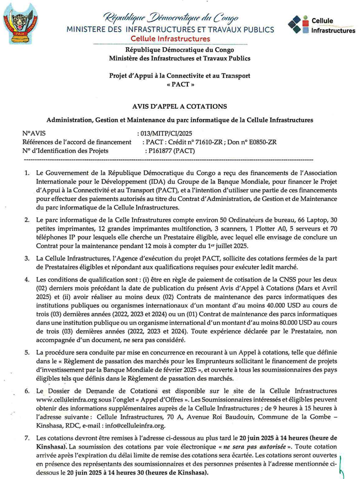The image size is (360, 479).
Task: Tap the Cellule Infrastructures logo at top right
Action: point(321,25)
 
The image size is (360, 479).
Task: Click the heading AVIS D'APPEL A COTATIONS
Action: point(180,106)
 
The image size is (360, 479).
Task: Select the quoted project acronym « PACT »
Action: point(180,86)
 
